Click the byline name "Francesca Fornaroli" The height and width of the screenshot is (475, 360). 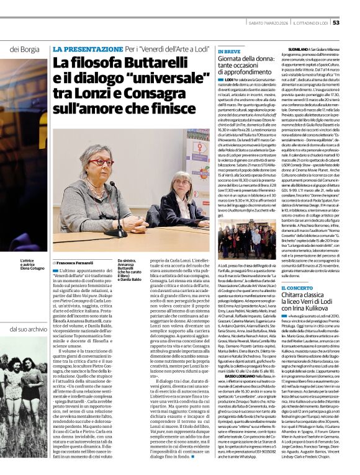(80, 262)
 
